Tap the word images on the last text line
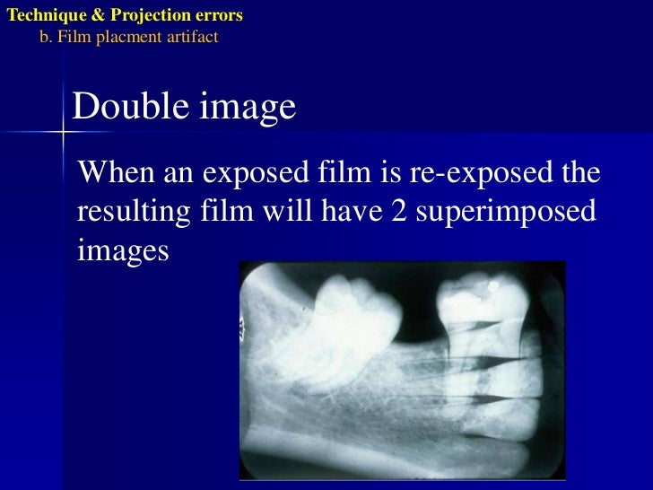tap(124, 250)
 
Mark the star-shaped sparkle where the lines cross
tap(65, 132)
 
